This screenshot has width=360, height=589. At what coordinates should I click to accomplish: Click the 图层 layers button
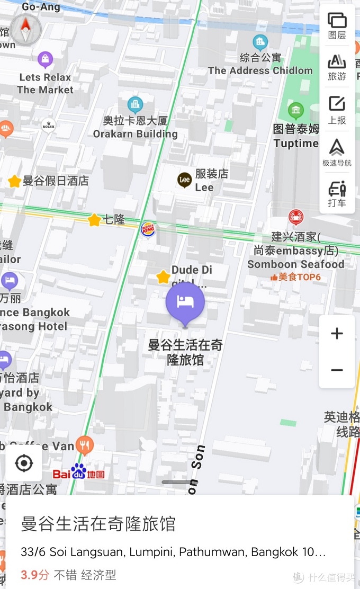click(337, 25)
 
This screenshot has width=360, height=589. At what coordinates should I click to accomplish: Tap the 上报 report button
click(337, 110)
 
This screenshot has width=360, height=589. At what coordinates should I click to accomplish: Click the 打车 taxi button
click(337, 194)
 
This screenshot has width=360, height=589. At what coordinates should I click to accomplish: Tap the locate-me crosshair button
click(24, 463)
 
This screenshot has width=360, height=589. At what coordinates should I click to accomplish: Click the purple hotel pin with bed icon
click(185, 302)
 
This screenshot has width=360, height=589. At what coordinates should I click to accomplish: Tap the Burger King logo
click(148, 229)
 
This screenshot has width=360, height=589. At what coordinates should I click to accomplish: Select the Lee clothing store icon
click(185, 180)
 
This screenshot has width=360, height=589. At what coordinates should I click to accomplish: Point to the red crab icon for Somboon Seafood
click(295, 217)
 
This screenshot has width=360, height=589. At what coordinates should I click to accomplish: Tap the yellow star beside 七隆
click(94, 220)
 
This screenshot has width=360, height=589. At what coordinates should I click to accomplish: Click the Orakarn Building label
click(136, 133)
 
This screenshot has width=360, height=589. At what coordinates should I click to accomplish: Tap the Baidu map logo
click(78, 472)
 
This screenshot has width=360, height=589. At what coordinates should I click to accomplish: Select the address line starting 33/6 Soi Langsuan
click(173, 552)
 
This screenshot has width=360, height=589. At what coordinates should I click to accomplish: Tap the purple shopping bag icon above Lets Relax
click(46, 59)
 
